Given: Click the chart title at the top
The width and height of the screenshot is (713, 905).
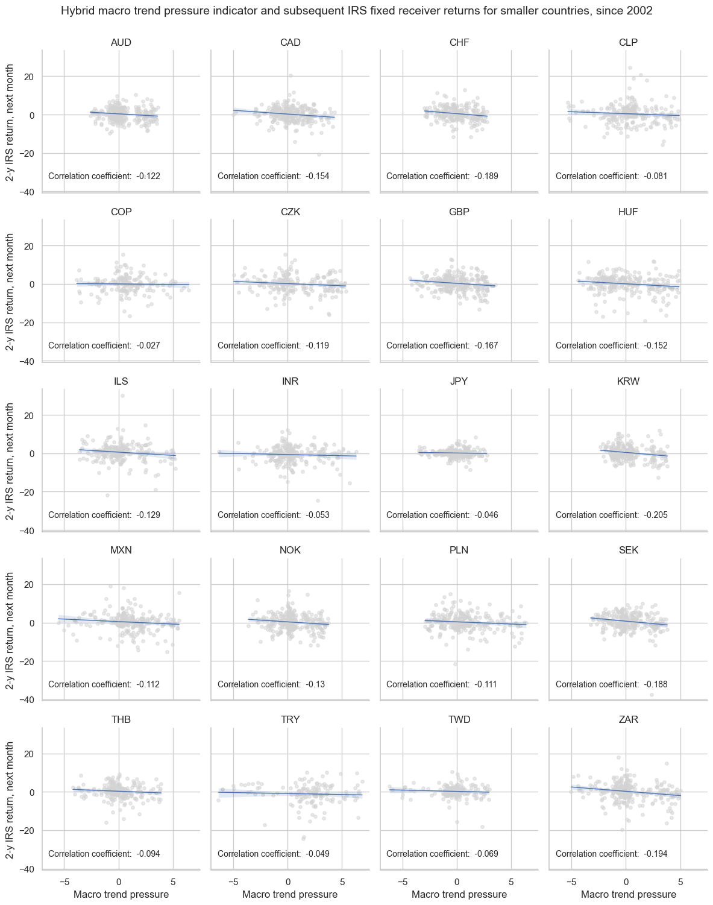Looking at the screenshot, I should click(357, 11).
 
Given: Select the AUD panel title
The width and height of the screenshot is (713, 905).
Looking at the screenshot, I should click(121, 42).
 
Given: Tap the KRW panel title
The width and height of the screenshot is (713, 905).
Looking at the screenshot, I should click(628, 381).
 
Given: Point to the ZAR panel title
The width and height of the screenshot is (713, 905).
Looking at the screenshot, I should click(628, 719).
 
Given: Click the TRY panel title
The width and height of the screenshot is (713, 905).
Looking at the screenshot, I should click(290, 719).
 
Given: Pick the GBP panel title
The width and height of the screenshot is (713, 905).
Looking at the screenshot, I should click(459, 212).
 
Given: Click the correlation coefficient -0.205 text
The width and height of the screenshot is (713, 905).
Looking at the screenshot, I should click(611, 515).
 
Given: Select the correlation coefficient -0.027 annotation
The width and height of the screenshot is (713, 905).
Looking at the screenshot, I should click(104, 345).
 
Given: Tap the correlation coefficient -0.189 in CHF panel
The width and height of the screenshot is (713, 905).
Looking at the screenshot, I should click(442, 176).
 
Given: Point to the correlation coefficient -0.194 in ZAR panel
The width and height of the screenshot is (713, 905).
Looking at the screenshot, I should click(611, 853).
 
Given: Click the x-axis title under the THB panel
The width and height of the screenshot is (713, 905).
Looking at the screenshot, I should click(121, 894).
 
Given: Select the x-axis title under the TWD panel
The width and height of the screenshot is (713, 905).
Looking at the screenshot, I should click(459, 894).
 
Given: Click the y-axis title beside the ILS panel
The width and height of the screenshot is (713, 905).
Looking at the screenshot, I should click(10, 460).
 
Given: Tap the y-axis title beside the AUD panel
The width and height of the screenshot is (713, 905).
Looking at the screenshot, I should click(10, 121).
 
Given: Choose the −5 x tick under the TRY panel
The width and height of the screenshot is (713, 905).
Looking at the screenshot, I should click(233, 880).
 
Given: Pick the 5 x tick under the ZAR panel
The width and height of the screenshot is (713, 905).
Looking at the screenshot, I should click(680, 880).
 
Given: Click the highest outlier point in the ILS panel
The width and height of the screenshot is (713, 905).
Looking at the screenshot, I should click(122, 396).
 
